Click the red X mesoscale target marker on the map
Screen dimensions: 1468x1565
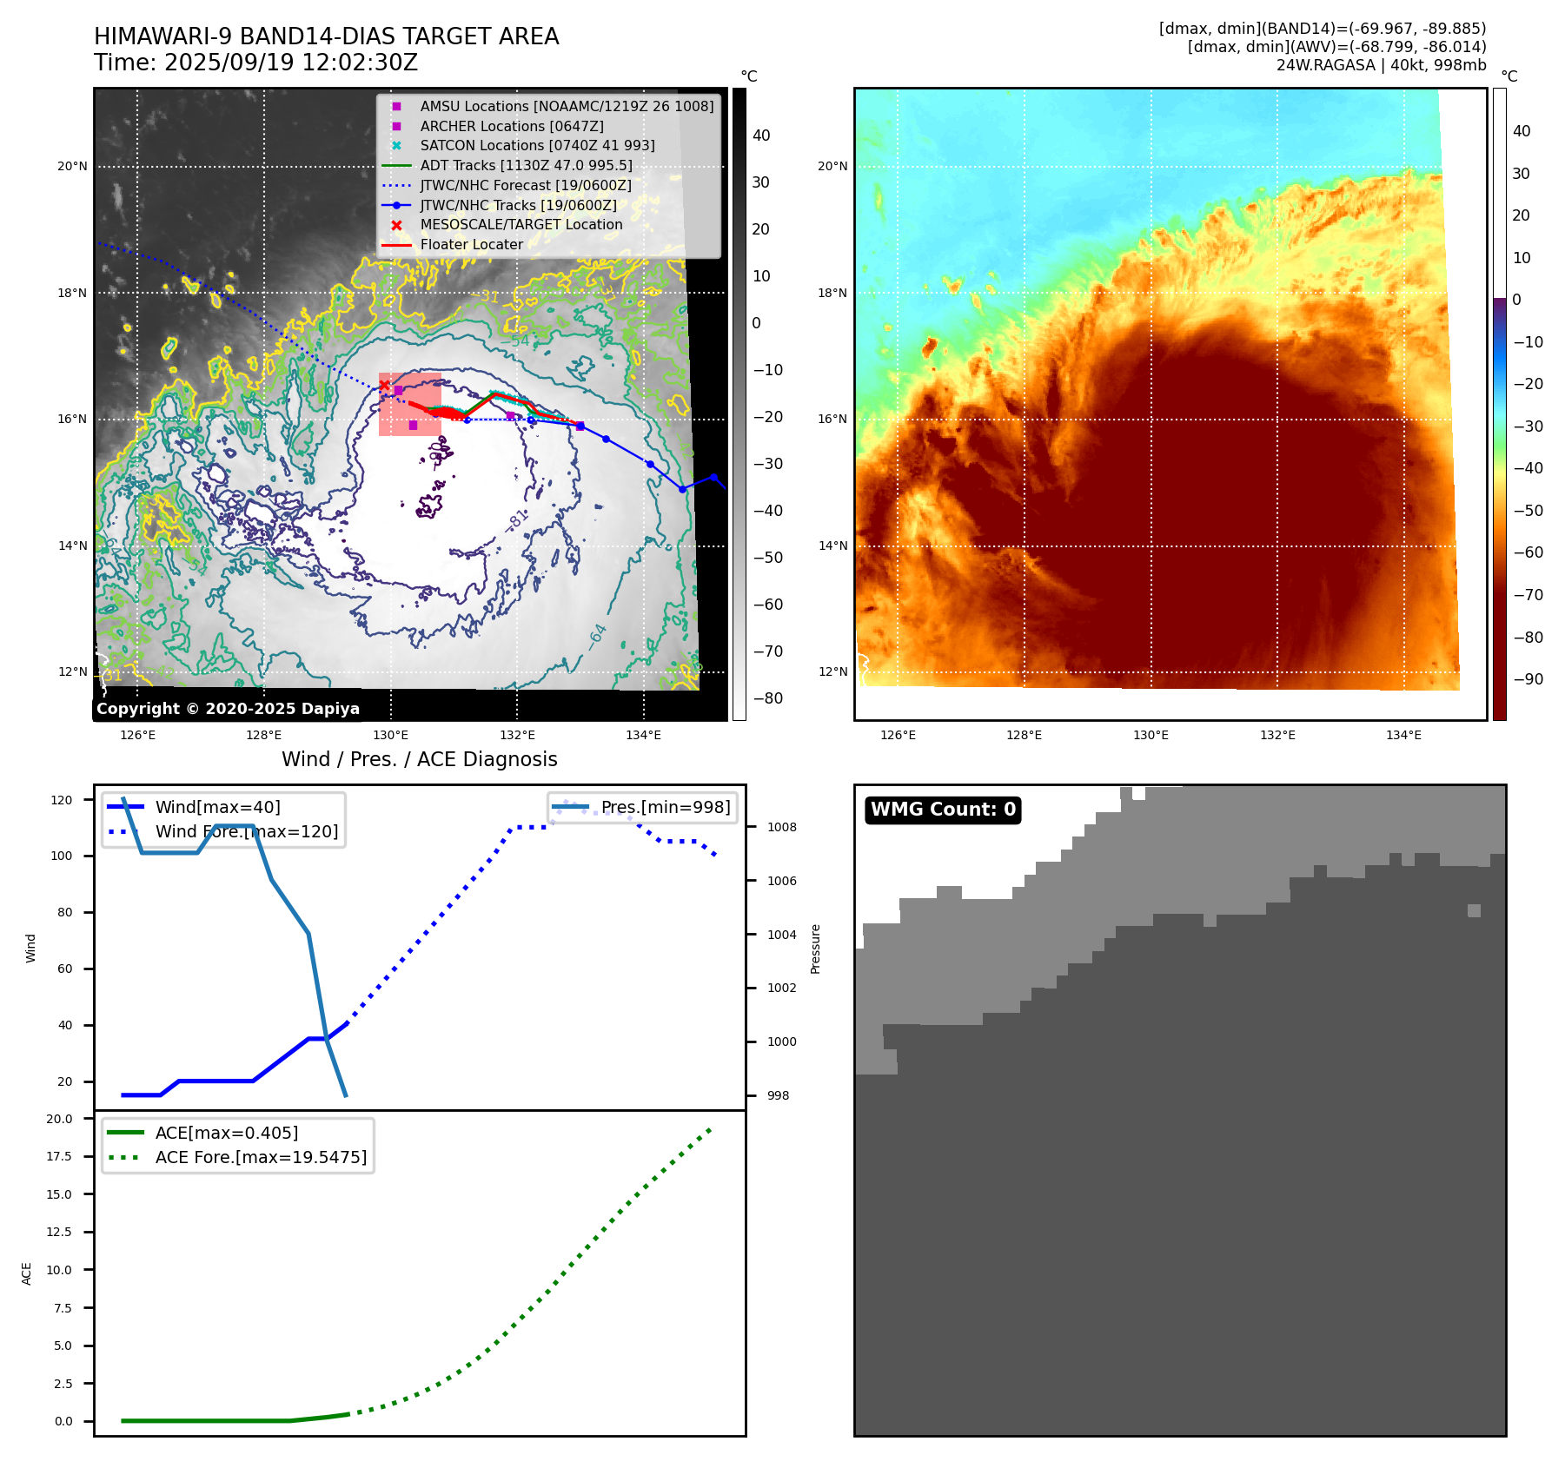[384, 386]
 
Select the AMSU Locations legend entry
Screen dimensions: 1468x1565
[566, 106]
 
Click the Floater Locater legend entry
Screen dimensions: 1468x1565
[471, 245]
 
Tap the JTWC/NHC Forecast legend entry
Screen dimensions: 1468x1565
[525, 186]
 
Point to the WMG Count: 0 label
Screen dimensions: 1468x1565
[943, 810]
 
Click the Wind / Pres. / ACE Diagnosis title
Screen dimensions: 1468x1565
[419, 759]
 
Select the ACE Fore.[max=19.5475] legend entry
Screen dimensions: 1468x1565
[261, 1157]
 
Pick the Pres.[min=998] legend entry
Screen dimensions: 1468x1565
[665, 807]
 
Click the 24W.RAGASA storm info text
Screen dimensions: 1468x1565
[1381, 65]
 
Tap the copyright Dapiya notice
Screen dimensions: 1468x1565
[228, 709]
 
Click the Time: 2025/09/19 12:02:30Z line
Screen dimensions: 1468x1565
[256, 63]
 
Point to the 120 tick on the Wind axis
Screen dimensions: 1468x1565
[62, 800]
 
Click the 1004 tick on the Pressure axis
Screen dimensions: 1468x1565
[781, 935]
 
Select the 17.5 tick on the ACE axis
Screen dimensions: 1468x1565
[59, 1156]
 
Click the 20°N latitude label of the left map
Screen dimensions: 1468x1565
[72, 166]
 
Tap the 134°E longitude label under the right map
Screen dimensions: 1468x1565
[1403, 735]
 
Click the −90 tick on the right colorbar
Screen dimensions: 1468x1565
[1528, 679]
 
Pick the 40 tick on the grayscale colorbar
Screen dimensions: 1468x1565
[760, 136]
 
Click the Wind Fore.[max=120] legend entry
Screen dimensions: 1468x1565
[246, 831]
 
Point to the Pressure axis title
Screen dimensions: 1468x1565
[815, 949]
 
